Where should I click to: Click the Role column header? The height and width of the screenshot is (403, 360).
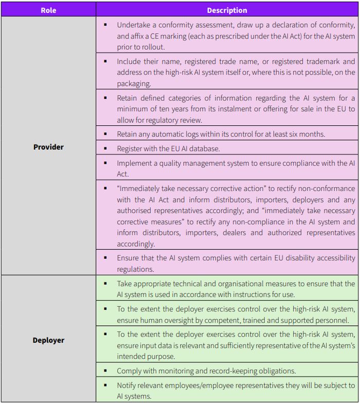48,10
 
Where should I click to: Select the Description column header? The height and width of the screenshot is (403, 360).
227,10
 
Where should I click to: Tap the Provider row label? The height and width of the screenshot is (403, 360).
48,147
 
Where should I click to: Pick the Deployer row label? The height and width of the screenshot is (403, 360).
48,340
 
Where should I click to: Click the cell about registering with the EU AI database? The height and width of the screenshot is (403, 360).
227,149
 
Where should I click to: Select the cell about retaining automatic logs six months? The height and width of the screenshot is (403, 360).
227,134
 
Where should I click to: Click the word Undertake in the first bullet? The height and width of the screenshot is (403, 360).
133,25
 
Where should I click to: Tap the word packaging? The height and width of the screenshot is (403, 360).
134,84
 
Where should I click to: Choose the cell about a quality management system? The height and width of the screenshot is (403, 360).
227,168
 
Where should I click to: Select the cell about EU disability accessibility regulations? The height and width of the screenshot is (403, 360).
227,263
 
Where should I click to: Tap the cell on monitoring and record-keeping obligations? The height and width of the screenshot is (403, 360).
227,371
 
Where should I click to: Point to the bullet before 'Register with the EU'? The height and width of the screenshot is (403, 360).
105,148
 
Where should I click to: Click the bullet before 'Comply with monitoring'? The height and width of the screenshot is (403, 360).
105,370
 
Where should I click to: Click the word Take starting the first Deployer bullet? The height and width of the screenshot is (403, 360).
124,283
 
